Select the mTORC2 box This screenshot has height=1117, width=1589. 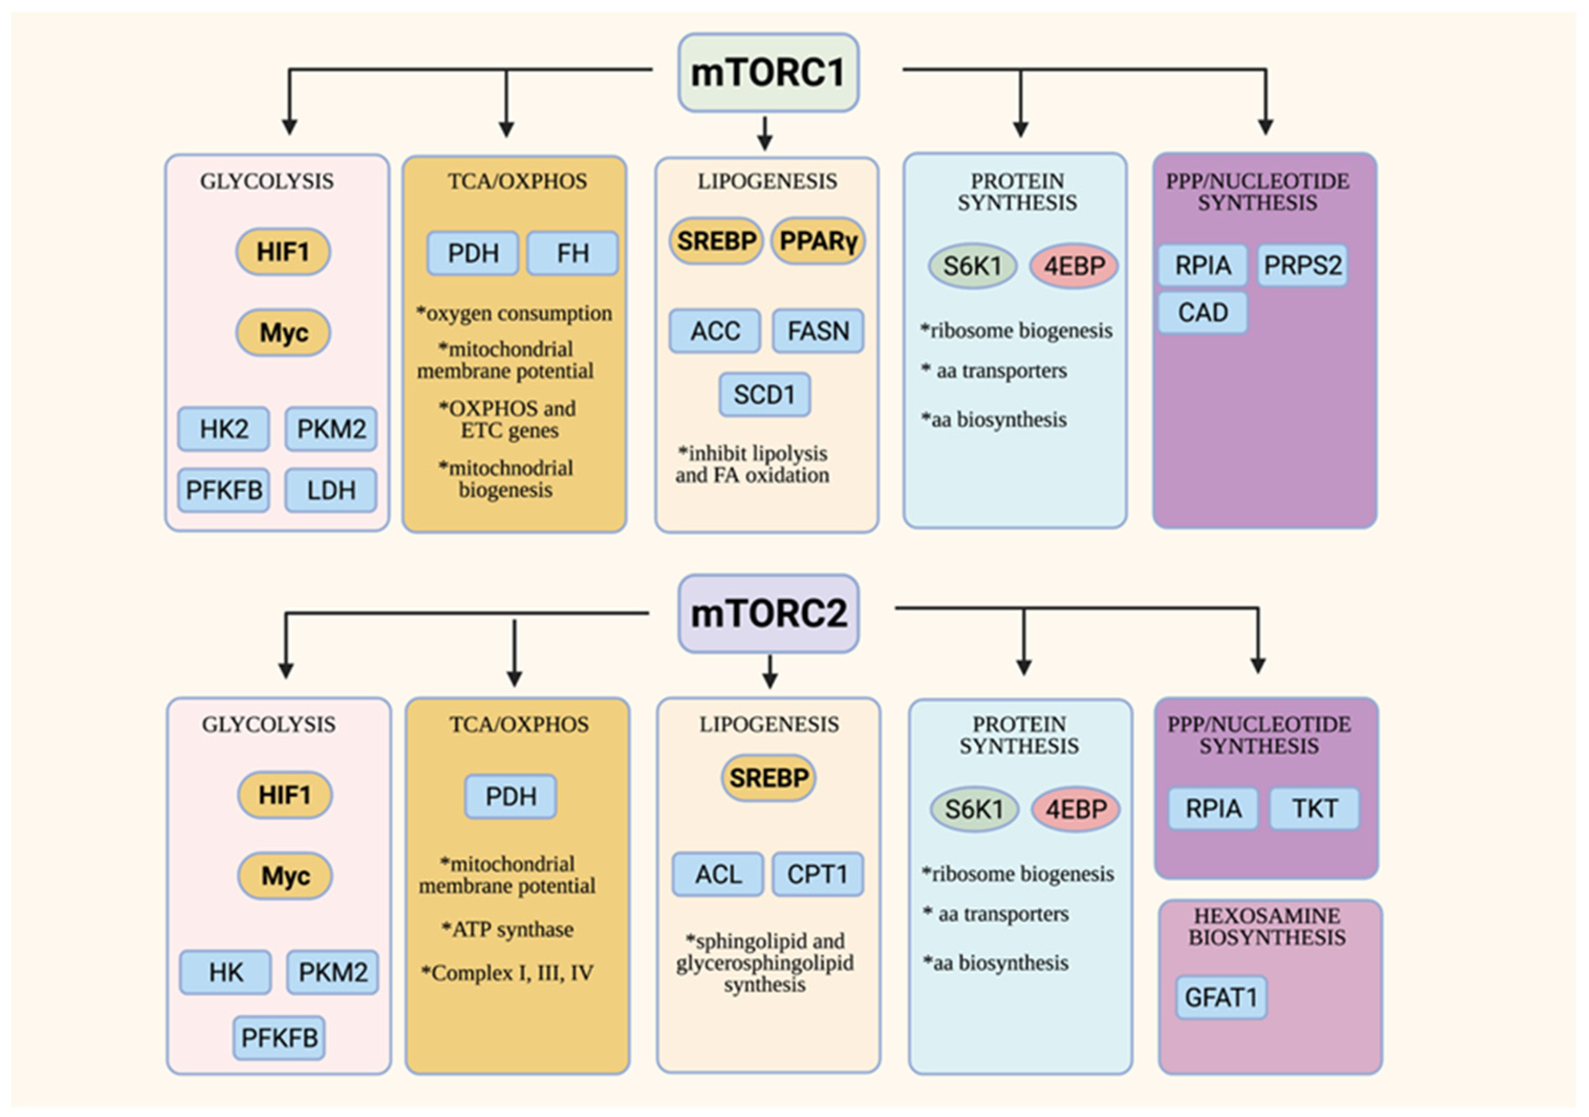pos(768,614)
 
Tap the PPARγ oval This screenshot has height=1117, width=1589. pos(818,240)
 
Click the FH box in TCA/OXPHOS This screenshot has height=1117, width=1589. pos(572,253)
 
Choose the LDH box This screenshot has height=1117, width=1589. pos(331,490)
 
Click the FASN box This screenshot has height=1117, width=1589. pos(818,331)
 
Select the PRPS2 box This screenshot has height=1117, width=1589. pos(1302,265)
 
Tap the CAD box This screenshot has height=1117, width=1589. pos(1203,313)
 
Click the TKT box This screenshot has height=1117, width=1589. pos(1314,808)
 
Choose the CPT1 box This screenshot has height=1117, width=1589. pos(817,874)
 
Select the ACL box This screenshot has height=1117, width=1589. pos(718,874)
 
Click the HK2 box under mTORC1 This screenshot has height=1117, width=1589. pos(223,429)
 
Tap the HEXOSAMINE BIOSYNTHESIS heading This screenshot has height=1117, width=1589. pos(1267,926)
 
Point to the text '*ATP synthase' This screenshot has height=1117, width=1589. pos(508,929)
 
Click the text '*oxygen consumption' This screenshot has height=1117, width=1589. pos(514,313)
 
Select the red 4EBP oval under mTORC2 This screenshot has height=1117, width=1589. pos(1075,808)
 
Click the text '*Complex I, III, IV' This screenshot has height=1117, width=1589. pos(507,973)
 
